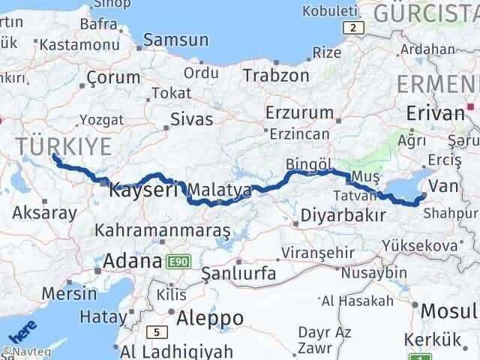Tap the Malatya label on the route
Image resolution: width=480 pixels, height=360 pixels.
point(220,190)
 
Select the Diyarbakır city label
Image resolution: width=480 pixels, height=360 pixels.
point(343,215)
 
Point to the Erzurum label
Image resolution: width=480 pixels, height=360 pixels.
point(300,112)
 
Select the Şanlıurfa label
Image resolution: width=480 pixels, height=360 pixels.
point(239,272)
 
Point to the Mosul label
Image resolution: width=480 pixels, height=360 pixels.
point(448,310)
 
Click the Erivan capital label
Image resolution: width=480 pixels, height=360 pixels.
point(435,113)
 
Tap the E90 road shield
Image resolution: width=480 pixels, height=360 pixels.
point(179,262)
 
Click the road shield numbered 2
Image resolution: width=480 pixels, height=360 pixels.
point(352,28)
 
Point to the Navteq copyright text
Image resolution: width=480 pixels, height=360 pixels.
point(22,351)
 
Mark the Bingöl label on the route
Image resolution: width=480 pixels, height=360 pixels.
point(308,164)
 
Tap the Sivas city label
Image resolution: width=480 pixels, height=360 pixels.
point(192,118)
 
